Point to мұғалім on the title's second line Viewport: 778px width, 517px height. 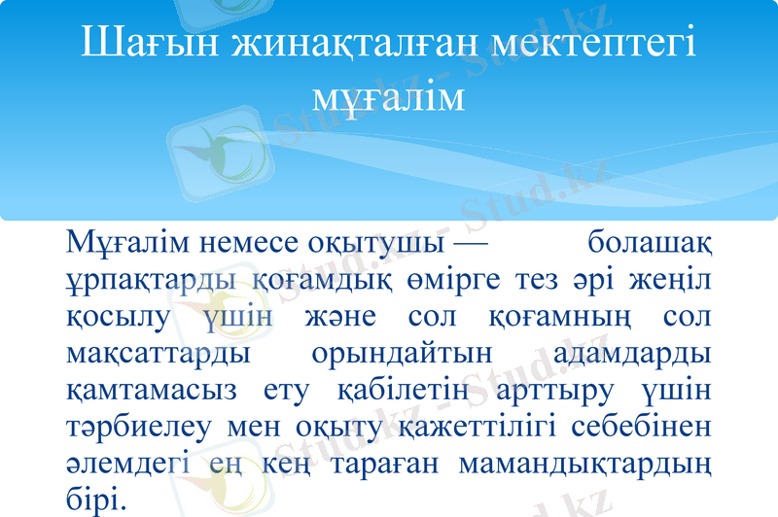point(389,97)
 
